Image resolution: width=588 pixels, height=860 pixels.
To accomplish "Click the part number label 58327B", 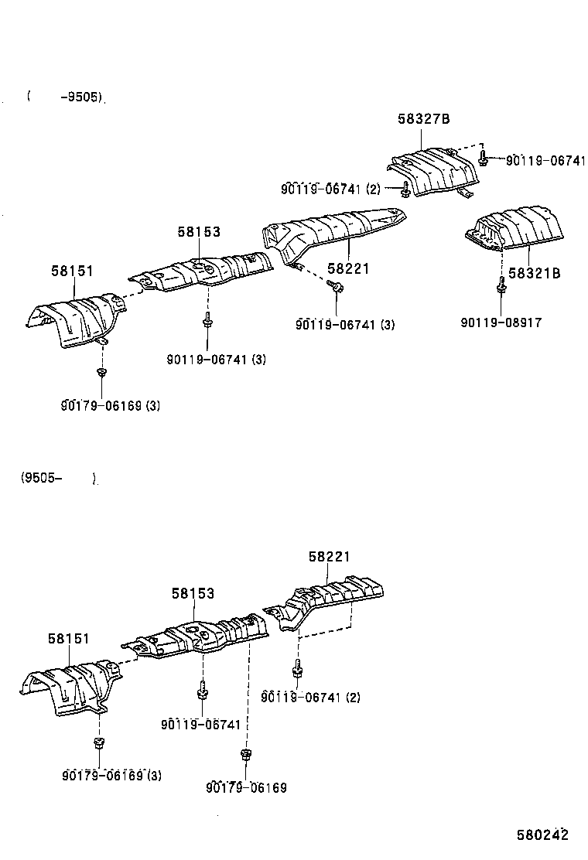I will click(424, 119).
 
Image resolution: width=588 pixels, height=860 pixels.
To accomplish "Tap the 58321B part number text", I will click(535, 273).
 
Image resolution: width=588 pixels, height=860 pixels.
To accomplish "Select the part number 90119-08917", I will click(501, 322).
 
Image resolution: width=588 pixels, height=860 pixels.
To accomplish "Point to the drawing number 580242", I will click(543, 835).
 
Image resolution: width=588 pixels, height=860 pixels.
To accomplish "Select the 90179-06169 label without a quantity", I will click(246, 787).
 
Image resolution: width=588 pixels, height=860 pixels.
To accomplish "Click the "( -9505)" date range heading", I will click(65, 97).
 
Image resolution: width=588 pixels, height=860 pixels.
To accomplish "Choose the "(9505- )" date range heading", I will click(59, 478).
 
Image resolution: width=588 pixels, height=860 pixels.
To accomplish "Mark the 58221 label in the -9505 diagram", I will click(348, 268).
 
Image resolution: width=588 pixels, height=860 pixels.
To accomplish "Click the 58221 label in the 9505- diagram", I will click(330, 556).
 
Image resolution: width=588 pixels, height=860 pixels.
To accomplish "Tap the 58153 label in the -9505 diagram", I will click(198, 232).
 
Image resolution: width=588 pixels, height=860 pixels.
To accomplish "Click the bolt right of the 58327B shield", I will click(483, 159).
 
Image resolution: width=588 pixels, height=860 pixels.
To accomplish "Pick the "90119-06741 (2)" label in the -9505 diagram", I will click(330, 189).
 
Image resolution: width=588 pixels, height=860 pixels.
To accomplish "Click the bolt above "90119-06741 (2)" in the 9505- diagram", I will click(297, 667).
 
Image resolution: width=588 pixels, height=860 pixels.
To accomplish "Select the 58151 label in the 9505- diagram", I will click(69, 639).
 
